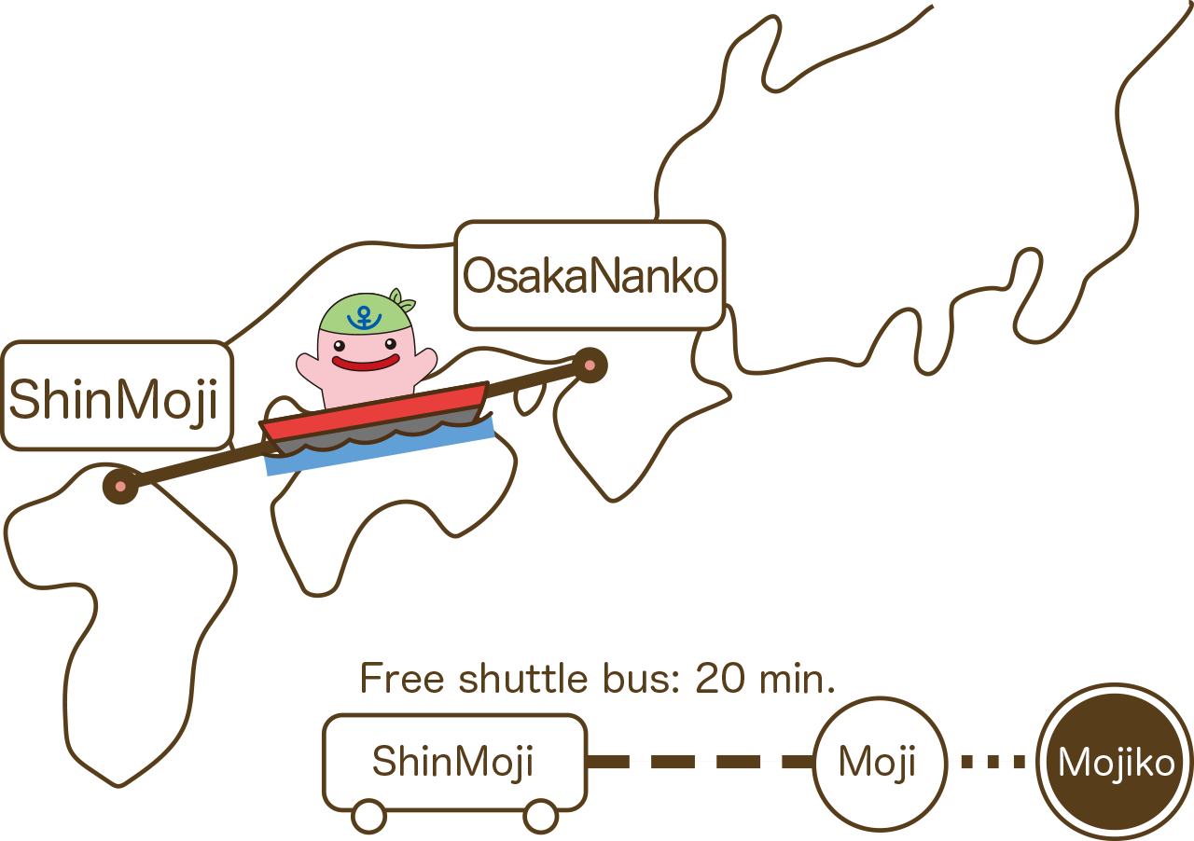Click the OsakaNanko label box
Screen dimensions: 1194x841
point(590,276)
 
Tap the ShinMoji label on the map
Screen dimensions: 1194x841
point(116,397)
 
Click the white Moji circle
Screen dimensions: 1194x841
point(878,763)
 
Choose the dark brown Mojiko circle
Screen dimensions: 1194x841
point(1116,763)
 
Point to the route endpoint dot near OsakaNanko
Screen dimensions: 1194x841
point(590,365)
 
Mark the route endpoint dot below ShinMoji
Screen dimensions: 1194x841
point(120,486)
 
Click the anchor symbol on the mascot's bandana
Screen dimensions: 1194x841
point(364,316)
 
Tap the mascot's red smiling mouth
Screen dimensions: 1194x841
point(366,362)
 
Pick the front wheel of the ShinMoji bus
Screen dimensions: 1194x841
point(541,817)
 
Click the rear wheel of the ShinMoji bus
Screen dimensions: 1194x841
point(369,817)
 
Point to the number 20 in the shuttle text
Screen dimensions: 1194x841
point(720,679)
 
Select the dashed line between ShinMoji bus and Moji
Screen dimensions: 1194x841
point(700,762)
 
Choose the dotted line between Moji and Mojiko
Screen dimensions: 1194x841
point(993,762)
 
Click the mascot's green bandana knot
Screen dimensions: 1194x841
point(403,302)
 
